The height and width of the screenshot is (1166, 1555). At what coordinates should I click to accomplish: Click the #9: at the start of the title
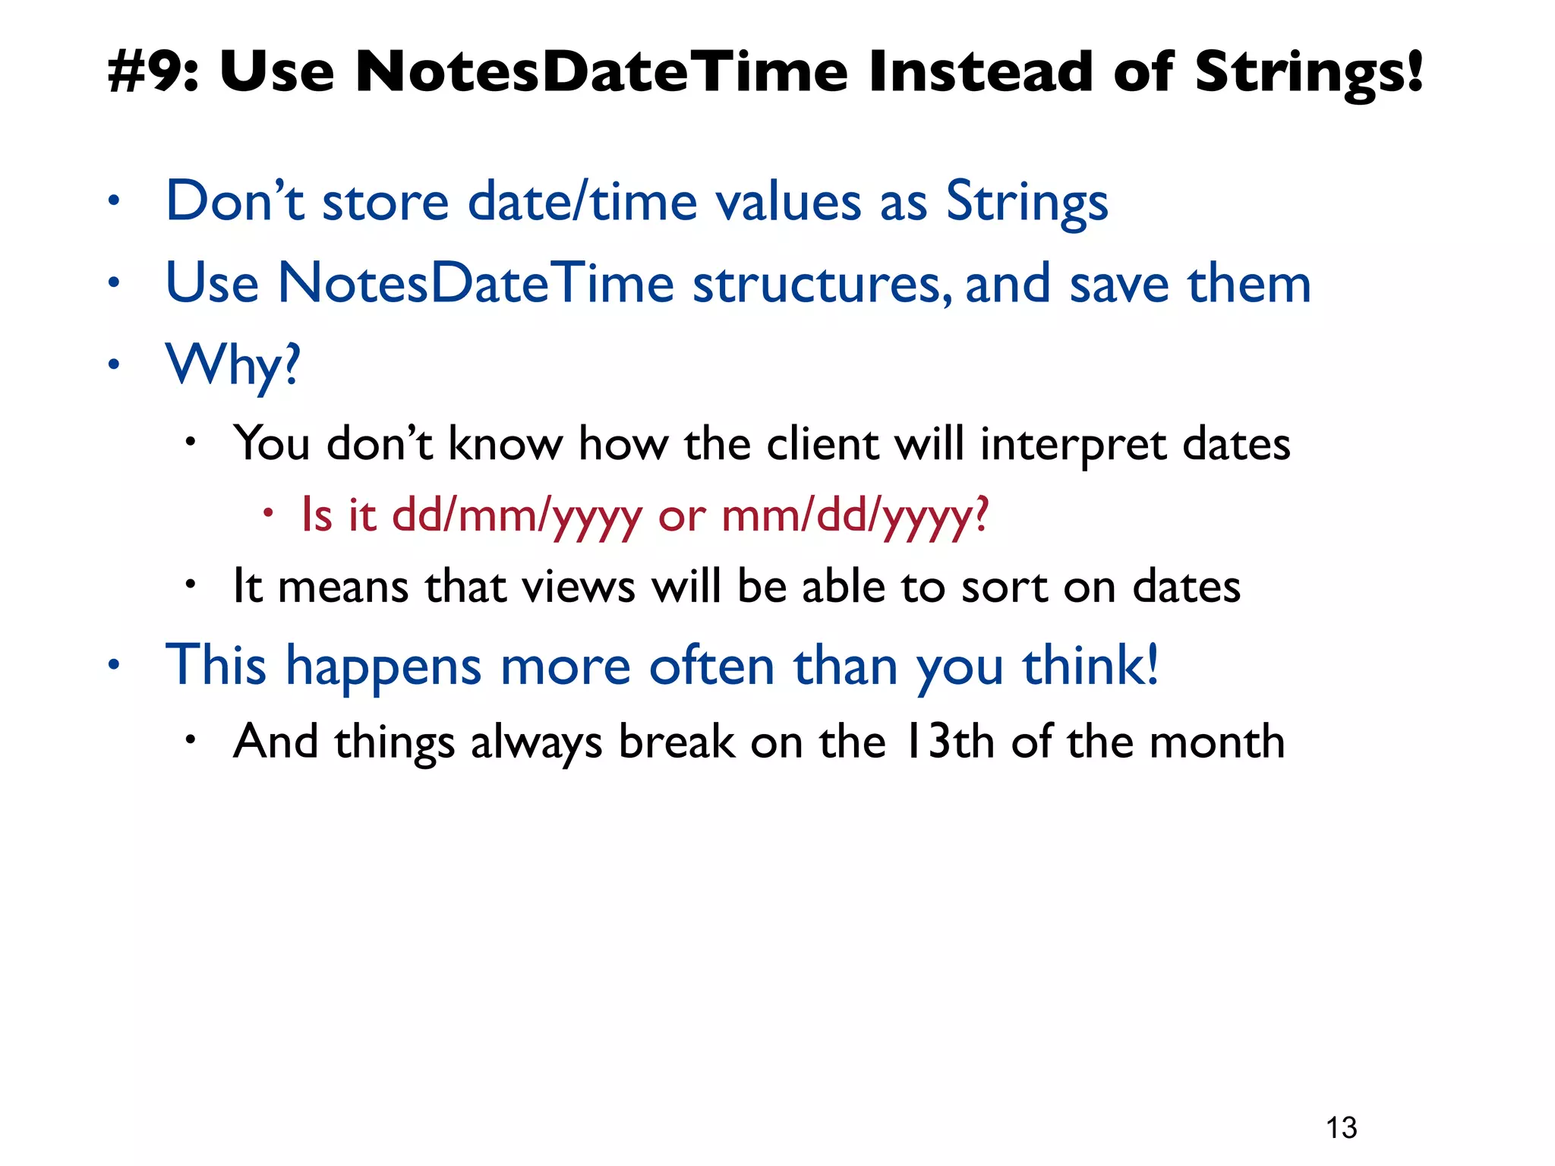(153, 72)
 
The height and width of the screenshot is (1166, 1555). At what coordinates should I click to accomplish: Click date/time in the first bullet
(582, 203)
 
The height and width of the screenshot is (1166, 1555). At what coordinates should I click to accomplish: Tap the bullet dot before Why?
(114, 365)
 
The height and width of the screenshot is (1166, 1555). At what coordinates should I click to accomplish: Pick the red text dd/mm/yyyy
(516, 516)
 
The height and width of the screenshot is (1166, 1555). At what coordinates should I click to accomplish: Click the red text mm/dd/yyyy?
(855, 516)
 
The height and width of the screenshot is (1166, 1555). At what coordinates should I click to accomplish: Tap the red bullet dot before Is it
(267, 513)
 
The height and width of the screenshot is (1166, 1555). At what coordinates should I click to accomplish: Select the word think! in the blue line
(1090, 666)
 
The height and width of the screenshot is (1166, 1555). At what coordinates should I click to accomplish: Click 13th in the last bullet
(949, 742)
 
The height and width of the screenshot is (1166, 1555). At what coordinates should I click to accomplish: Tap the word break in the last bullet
(677, 742)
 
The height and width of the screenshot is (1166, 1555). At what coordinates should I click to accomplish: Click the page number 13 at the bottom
(1341, 1128)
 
